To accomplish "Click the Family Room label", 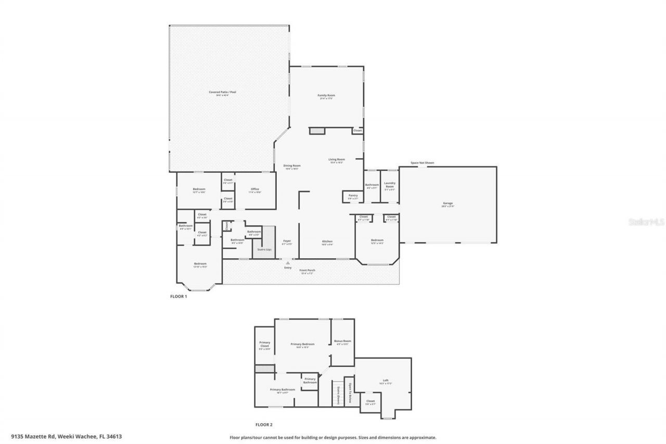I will click(x=326, y=95).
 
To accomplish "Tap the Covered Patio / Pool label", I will click(x=223, y=92).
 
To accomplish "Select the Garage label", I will click(x=447, y=203).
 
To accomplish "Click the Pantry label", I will click(x=353, y=196).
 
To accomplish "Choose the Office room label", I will click(x=254, y=189).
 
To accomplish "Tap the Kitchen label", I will click(x=327, y=242).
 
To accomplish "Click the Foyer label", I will click(x=287, y=241).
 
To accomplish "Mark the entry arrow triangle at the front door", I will click(x=287, y=263).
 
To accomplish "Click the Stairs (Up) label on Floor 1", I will click(x=264, y=249).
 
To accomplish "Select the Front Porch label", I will click(x=307, y=270).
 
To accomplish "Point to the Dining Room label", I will click(x=291, y=166).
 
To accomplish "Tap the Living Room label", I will click(x=337, y=159).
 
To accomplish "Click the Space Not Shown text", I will click(x=422, y=163).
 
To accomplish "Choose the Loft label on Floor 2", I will click(x=386, y=380).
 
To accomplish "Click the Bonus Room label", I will click(x=342, y=341).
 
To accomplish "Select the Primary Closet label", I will click(x=265, y=344).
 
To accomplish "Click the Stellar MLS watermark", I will click(x=646, y=221).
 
